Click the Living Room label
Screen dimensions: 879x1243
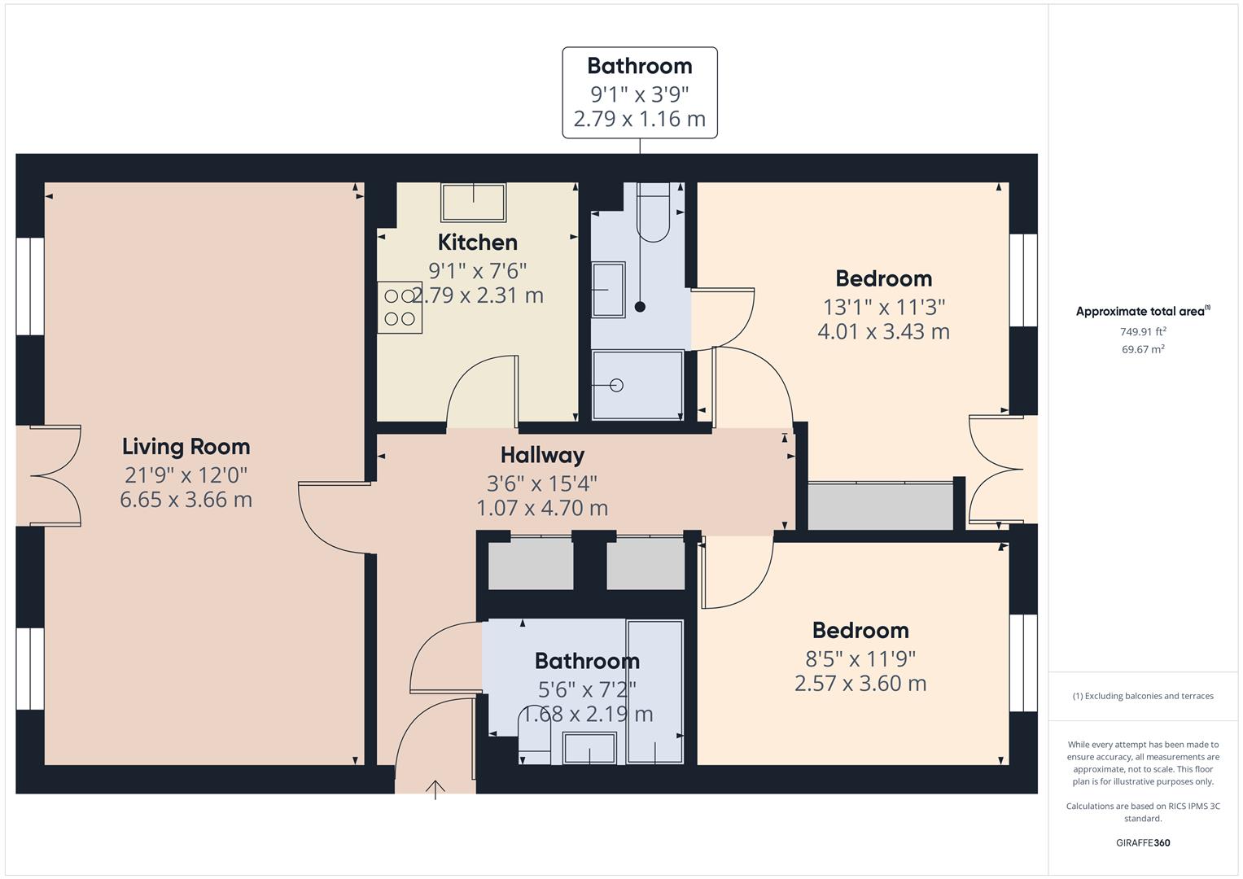coord(186,446)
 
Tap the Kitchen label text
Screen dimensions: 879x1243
coord(477,242)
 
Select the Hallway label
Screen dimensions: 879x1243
coord(542,455)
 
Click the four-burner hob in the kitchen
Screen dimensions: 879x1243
coord(400,307)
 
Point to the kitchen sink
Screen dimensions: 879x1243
coord(473,202)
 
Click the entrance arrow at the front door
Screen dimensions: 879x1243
coord(435,789)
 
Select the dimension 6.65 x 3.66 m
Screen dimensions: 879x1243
coord(186,499)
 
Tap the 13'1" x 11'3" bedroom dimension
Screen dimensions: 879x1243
coord(883,307)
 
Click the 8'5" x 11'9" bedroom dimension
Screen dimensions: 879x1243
coord(860,658)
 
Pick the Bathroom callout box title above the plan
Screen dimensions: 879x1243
coord(639,66)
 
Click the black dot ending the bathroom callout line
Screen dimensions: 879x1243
coord(640,307)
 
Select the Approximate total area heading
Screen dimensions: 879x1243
coord(1142,311)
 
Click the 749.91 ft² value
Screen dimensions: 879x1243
coord(1143,331)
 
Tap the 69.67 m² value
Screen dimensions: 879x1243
coord(1143,349)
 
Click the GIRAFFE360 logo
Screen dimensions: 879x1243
coord(1142,842)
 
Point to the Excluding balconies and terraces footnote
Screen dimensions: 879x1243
coord(1142,696)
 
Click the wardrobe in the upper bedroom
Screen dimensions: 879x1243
coord(879,505)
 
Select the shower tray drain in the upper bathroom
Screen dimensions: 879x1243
coord(616,385)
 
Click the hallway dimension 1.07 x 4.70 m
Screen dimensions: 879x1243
coord(542,508)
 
